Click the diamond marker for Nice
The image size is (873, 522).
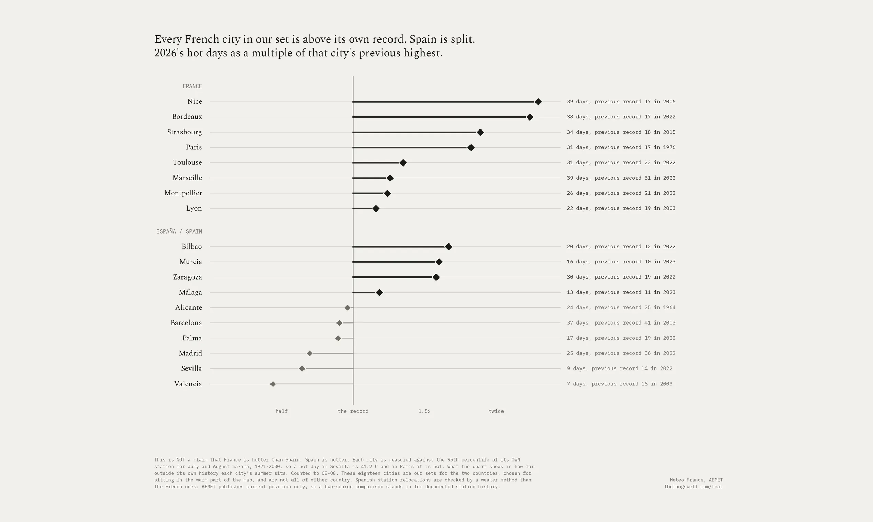[x=538, y=102]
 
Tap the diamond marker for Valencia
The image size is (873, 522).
[x=273, y=384]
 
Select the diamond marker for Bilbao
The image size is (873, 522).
[x=449, y=247]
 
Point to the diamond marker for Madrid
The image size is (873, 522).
[x=309, y=353]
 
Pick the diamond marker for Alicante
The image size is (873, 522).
[x=347, y=307]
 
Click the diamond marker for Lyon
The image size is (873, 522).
[x=376, y=208]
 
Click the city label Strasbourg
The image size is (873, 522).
[x=185, y=132]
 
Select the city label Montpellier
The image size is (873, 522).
[x=183, y=193]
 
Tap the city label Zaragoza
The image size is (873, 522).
[x=187, y=277]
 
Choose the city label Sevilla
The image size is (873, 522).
[x=191, y=368]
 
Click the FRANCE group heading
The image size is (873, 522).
[x=192, y=86]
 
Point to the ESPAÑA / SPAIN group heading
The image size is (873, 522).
[x=179, y=231]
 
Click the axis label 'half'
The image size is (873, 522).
[x=281, y=411]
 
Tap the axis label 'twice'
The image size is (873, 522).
[x=496, y=411]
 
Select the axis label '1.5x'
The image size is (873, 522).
[x=424, y=411]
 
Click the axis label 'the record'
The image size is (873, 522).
[x=353, y=411]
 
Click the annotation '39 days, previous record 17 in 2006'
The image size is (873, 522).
[x=621, y=102]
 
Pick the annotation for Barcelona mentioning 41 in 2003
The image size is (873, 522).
[x=621, y=322]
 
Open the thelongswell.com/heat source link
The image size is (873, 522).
[x=694, y=487]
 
